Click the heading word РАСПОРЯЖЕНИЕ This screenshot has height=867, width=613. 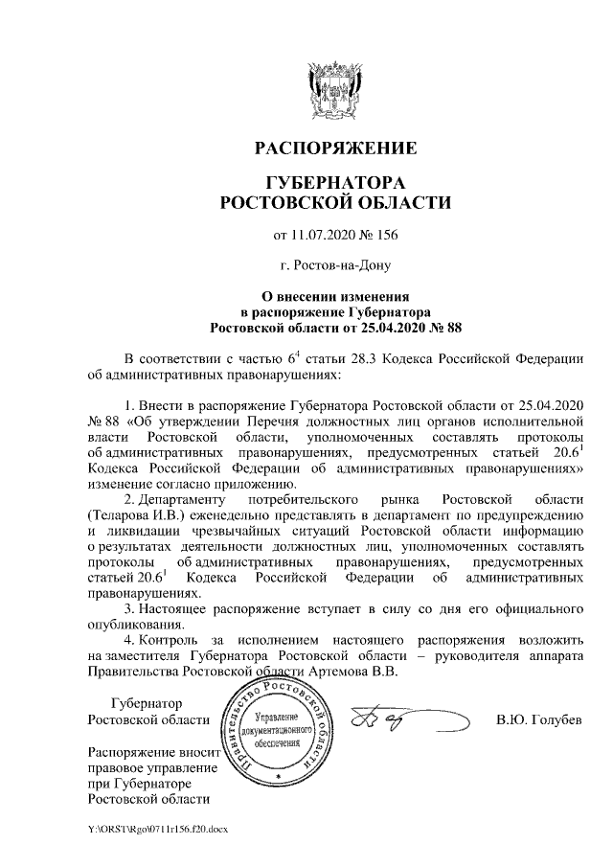coord(335,149)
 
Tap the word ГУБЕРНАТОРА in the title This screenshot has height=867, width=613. coord(335,183)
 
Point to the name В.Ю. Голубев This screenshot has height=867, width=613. coord(538,719)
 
